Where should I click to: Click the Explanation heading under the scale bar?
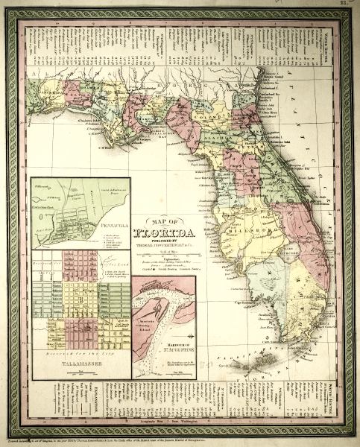171,262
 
